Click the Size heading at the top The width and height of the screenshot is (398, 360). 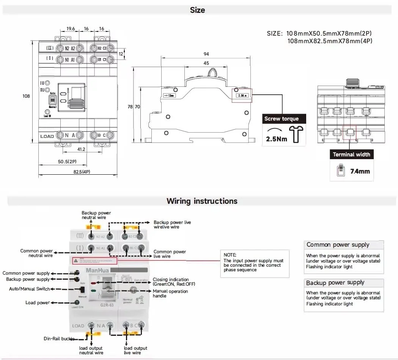[x=197, y=10]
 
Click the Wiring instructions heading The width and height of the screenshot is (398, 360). [x=202, y=201]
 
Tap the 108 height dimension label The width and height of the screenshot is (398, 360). [x=26, y=96]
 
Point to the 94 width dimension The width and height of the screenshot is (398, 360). [x=206, y=54]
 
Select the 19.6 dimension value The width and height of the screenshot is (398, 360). [x=71, y=29]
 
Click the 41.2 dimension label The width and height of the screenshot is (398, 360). [x=81, y=149]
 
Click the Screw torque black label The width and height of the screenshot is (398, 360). [x=282, y=119]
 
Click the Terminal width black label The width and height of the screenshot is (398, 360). [x=351, y=155]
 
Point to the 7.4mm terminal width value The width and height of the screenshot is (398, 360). [x=360, y=171]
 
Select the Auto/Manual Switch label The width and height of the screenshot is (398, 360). [x=29, y=289]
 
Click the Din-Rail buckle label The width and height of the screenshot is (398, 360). [x=59, y=338]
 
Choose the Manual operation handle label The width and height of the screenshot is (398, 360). [x=170, y=293]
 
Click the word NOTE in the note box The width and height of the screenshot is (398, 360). [x=230, y=255]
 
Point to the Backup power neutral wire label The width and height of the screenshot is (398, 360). [x=96, y=215]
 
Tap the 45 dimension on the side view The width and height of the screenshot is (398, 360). [x=206, y=63]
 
